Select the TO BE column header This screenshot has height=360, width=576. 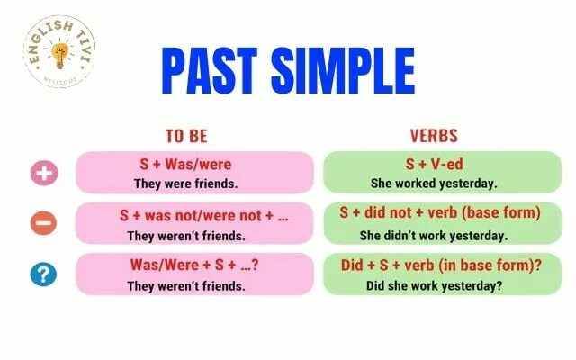point(186,137)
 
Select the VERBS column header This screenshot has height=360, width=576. point(434,137)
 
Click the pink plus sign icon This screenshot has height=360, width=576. point(43,173)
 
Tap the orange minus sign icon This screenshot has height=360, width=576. point(43,223)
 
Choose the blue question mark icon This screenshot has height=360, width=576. point(43,274)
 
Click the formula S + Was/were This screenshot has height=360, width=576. point(186,165)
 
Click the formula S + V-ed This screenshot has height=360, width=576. point(434,165)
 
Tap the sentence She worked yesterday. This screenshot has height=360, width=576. point(434,184)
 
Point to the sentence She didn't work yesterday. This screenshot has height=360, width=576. point(434,235)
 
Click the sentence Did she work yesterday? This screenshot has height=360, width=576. point(434,286)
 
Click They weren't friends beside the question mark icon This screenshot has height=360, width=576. point(186,286)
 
